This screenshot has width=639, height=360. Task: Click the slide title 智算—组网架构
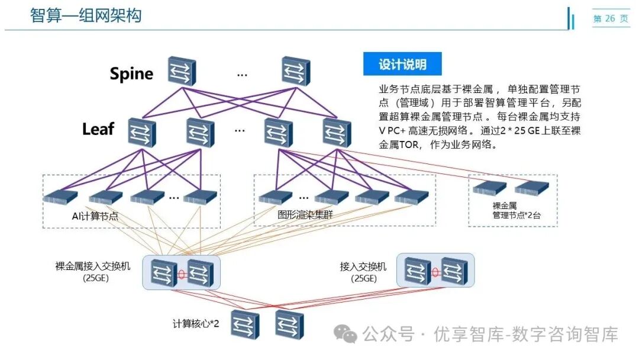click(x=86, y=15)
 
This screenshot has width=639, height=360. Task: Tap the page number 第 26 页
click(x=611, y=19)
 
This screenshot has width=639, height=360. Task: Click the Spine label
click(x=131, y=74)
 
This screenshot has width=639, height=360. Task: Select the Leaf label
click(x=98, y=129)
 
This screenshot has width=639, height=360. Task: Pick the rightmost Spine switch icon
click(x=296, y=71)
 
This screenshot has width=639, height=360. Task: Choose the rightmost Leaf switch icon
click(x=337, y=131)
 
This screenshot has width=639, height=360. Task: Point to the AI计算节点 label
click(x=95, y=216)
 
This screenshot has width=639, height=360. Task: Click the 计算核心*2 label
click(x=196, y=324)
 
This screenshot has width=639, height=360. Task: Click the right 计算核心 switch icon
click(x=289, y=324)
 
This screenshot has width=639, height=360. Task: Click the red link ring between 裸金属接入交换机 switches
click(x=182, y=275)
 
